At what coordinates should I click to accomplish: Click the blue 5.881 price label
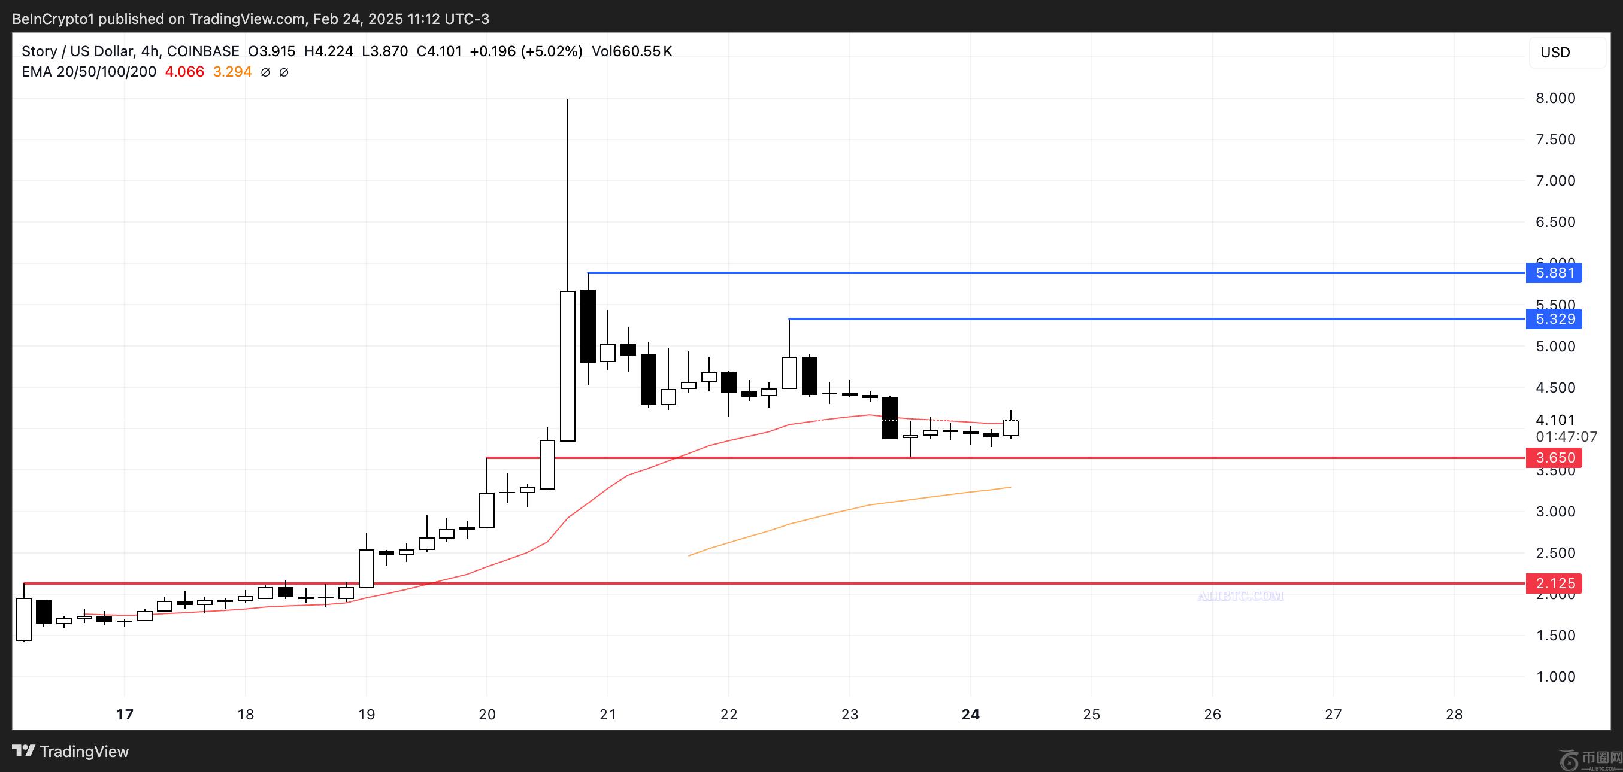click(x=1554, y=273)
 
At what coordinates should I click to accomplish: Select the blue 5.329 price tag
click(x=1554, y=318)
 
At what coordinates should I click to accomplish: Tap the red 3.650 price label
click(x=1554, y=458)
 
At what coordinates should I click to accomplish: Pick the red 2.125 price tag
click(x=1554, y=583)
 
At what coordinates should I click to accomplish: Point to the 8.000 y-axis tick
click(x=1555, y=98)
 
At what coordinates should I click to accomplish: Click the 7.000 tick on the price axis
click(x=1555, y=181)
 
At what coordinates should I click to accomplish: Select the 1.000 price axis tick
click(x=1555, y=677)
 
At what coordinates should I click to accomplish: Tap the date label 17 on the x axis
click(x=125, y=714)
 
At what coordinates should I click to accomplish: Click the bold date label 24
click(x=970, y=714)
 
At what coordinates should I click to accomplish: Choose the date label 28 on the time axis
click(x=1454, y=714)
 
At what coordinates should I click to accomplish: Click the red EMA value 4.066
click(x=184, y=72)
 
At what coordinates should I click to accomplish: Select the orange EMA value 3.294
click(x=232, y=72)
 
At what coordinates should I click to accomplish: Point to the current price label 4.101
click(x=1555, y=420)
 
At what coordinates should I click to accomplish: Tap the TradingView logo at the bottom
click(x=71, y=751)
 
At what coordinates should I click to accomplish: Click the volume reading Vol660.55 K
click(x=632, y=51)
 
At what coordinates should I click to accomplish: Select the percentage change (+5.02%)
click(x=552, y=51)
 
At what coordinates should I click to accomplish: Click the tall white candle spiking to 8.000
click(x=568, y=365)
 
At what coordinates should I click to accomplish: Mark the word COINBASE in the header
click(x=203, y=51)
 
